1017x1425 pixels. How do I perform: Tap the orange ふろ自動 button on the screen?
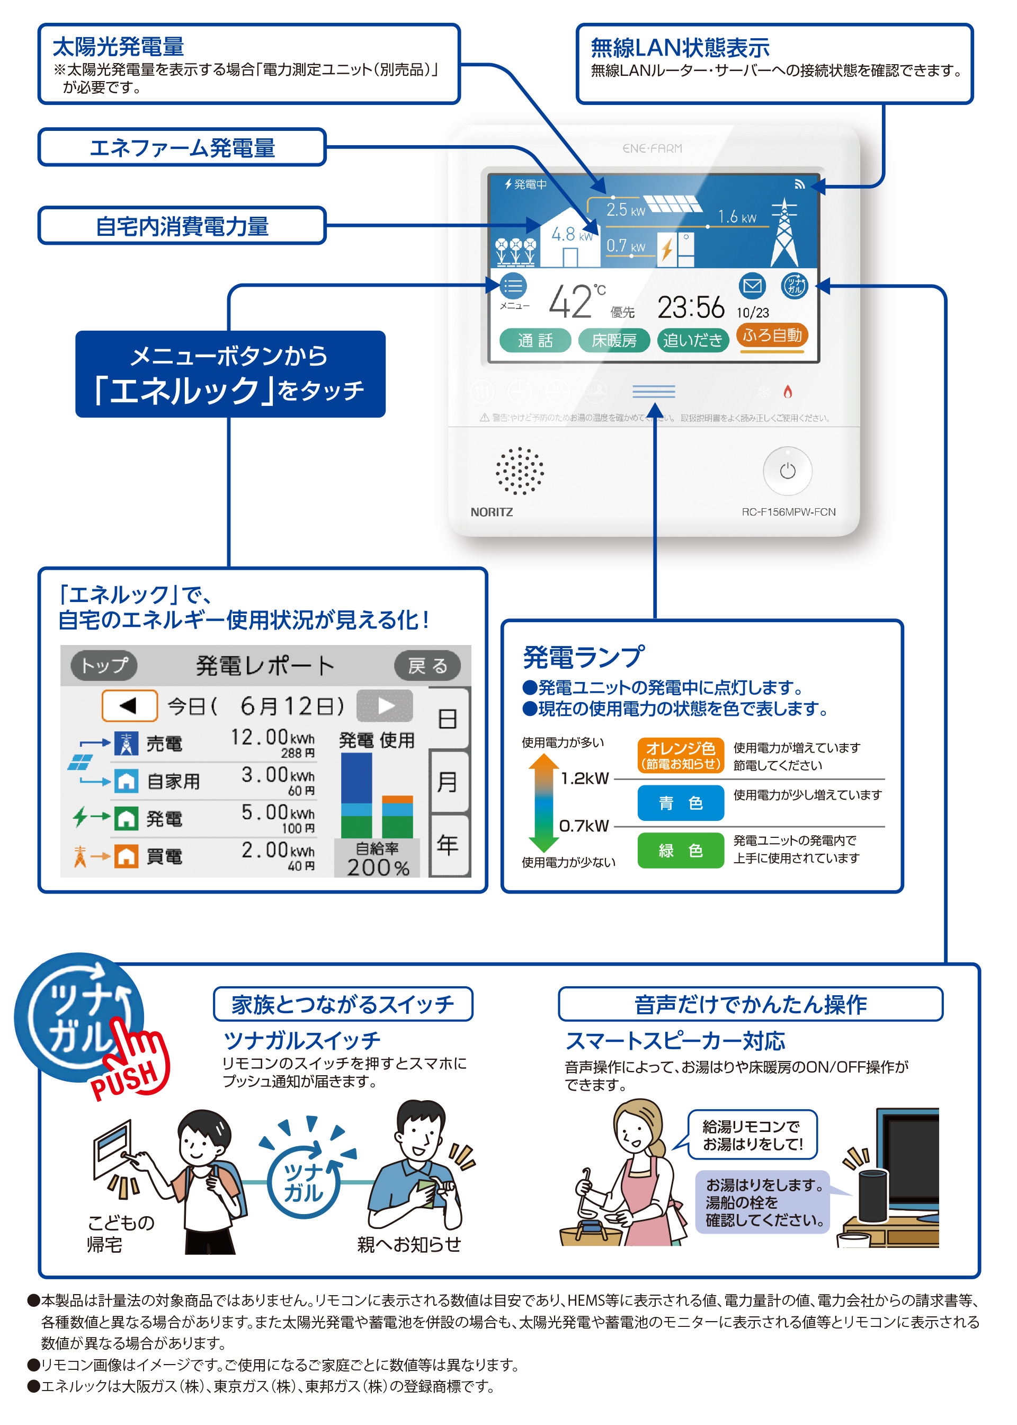point(772,336)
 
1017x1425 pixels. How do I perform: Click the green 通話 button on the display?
point(535,340)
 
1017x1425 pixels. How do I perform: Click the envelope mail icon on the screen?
point(752,286)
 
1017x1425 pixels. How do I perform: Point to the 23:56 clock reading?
point(691,307)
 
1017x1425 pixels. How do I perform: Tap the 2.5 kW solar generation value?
point(625,210)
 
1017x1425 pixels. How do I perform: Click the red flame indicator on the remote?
point(788,392)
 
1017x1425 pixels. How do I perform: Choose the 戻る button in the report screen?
point(427,665)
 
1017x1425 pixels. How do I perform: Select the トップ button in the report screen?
point(104,665)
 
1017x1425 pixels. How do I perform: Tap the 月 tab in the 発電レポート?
point(448,782)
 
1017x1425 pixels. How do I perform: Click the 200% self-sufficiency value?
point(378,867)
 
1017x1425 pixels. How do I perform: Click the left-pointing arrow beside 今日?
point(129,706)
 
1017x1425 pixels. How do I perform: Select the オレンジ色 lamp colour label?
point(681,755)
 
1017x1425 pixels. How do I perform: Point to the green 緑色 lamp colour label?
point(681,850)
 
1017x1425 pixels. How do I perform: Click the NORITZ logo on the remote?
point(492,512)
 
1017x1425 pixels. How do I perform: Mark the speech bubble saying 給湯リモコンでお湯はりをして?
point(752,1135)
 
